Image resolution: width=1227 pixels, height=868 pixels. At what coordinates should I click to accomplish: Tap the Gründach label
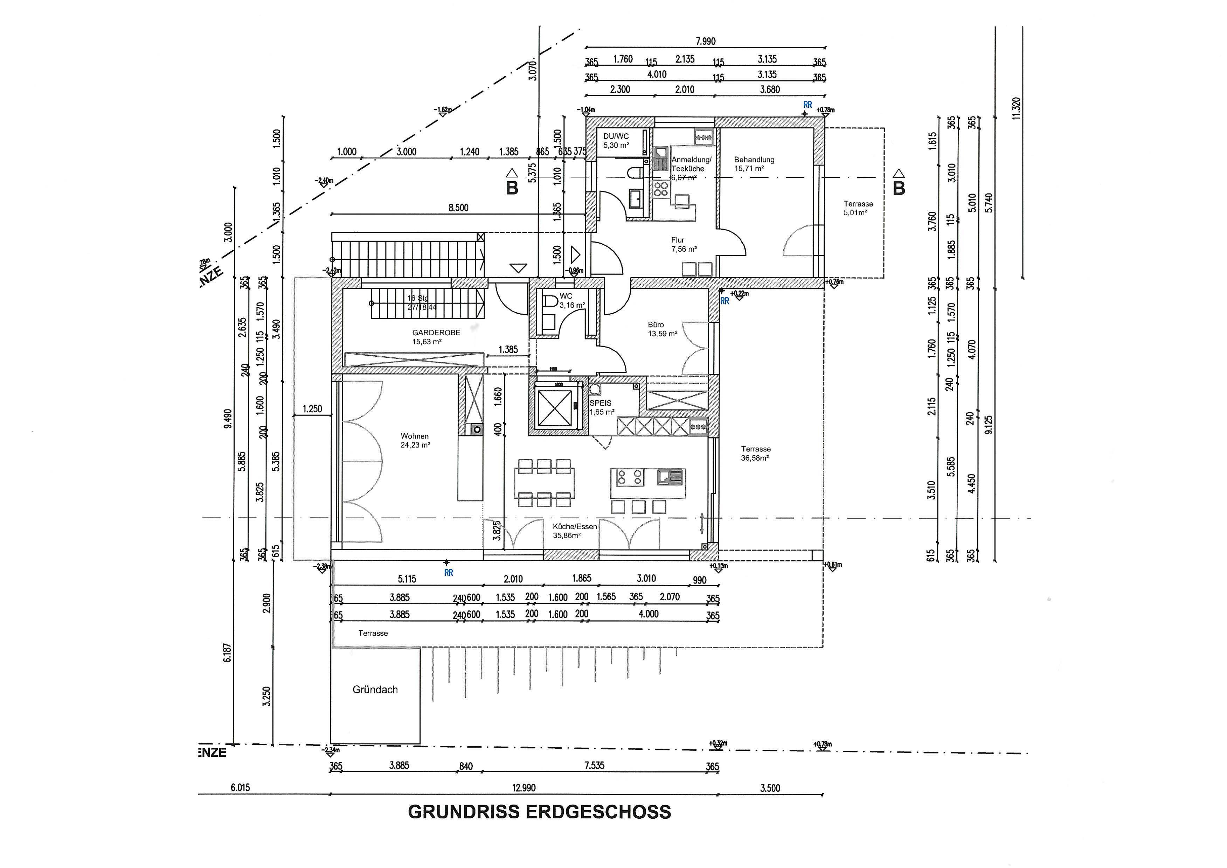click(x=375, y=689)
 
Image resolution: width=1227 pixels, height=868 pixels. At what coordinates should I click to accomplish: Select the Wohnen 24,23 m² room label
click(x=415, y=440)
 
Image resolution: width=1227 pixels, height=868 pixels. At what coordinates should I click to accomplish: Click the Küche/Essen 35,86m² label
click(x=574, y=531)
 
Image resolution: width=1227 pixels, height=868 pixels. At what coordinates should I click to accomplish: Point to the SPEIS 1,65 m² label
click(x=602, y=407)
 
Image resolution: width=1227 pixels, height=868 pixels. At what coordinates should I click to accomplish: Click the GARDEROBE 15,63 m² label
click(x=435, y=337)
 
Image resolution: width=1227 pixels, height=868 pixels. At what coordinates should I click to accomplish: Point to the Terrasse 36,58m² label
click(x=755, y=453)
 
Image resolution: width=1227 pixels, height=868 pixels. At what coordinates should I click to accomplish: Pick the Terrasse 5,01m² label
click(x=858, y=208)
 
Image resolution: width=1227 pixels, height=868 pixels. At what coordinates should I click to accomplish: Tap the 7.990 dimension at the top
click(x=705, y=41)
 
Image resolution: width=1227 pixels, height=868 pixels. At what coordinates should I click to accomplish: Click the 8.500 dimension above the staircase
click(x=458, y=208)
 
